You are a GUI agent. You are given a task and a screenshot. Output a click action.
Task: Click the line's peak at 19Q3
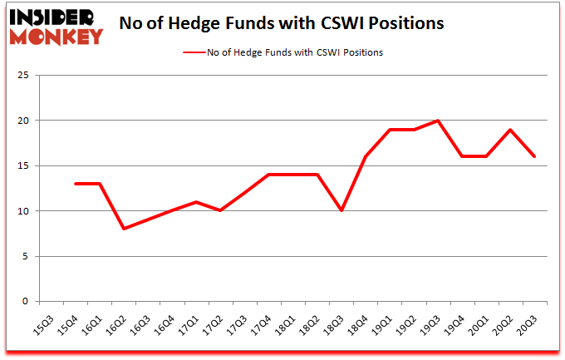437,121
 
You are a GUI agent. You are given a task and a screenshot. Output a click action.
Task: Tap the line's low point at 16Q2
124,229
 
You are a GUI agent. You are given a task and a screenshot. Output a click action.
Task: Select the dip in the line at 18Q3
341,211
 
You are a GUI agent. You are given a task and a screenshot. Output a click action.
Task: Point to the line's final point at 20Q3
533,156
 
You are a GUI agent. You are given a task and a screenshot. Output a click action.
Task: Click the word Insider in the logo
52,17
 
